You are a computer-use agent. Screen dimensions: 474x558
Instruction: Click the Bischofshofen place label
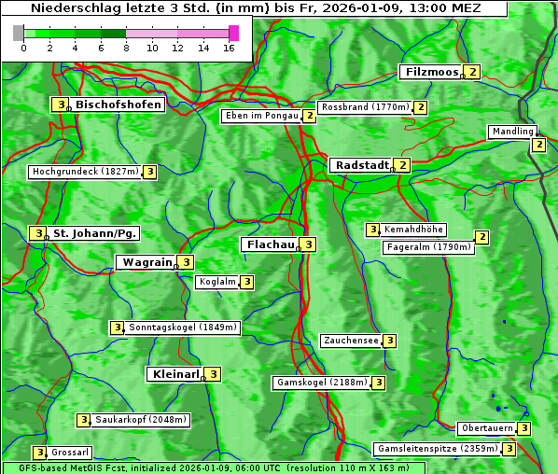click(x=119, y=105)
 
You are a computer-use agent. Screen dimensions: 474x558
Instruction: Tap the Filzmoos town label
click(x=430, y=72)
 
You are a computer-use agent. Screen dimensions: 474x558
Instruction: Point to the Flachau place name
click(x=269, y=244)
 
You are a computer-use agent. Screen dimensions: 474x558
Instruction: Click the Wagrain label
click(x=146, y=263)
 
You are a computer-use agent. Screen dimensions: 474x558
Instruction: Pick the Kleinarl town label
click(x=174, y=374)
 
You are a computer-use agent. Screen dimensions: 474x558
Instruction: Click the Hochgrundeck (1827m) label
click(x=84, y=172)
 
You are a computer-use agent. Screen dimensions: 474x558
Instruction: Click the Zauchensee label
click(x=351, y=341)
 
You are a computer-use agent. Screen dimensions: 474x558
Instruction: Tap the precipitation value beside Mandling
click(x=538, y=145)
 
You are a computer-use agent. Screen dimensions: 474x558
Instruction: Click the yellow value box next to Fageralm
click(x=481, y=237)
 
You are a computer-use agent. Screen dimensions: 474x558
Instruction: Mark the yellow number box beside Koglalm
click(x=246, y=282)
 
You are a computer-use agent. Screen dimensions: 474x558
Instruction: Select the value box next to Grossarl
click(x=39, y=453)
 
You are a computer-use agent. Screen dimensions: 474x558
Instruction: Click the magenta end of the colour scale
click(x=233, y=33)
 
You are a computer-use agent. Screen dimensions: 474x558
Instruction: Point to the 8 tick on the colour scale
click(x=126, y=47)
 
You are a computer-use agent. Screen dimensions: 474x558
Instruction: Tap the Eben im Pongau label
click(x=260, y=117)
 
